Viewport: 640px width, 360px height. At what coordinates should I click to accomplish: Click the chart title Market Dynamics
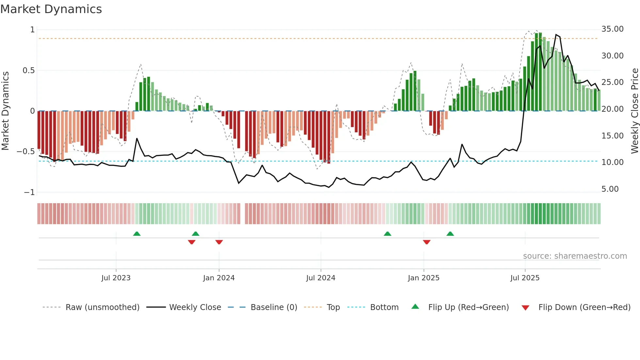tap(51, 9)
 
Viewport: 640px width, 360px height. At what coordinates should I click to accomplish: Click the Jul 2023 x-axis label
tap(116, 278)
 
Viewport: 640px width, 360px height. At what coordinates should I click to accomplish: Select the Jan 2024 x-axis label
tap(218, 278)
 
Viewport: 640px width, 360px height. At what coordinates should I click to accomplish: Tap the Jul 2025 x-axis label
tap(525, 278)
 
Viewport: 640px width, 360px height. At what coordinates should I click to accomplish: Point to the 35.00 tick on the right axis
tap(612, 29)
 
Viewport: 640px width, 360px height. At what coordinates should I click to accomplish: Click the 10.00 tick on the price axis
tap(612, 162)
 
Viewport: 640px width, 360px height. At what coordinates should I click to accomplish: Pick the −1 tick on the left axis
tap(29, 192)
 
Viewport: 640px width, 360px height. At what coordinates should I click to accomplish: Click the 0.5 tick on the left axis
tap(28, 71)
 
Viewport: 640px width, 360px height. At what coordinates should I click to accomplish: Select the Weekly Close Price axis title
tap(634, 111)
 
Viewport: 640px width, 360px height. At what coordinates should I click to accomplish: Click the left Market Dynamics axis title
tap(5, 111)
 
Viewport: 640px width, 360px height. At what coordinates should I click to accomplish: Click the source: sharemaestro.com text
tap(575, 256)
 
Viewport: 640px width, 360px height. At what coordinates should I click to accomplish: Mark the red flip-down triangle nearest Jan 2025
tap(426, 242)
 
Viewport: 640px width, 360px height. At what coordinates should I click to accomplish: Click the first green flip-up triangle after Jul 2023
tap(137, 234)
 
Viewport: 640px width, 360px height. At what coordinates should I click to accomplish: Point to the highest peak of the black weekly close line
tap(556, 35)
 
